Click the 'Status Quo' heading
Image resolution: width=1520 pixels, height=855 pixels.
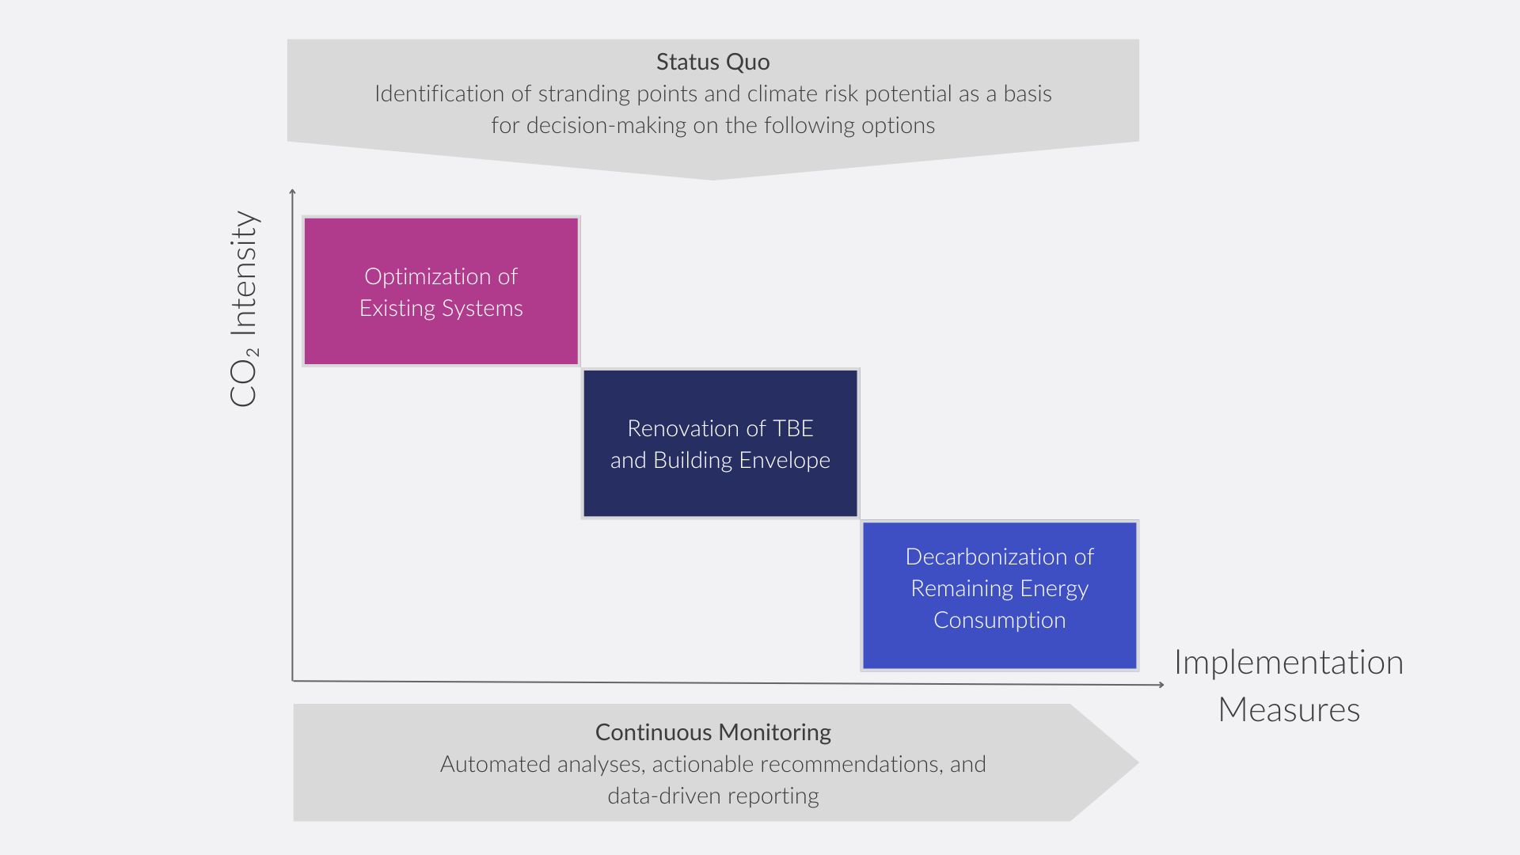click(x=712, y=62)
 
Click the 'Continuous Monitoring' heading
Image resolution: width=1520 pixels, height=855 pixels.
click(x=712, y=732)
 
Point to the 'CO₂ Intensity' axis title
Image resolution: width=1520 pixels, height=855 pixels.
click(x=244, y=309)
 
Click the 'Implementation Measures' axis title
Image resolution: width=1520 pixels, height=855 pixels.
click(x=1288, y=686)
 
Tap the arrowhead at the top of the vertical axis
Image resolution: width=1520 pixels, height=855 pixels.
click(x=293, y=192)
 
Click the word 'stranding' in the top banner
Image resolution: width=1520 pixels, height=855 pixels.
click(x=584, y=94)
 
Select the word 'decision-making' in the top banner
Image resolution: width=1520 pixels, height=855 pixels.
click(x=606, y=126)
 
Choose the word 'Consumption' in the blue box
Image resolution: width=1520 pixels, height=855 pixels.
click(x=999, y=621)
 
